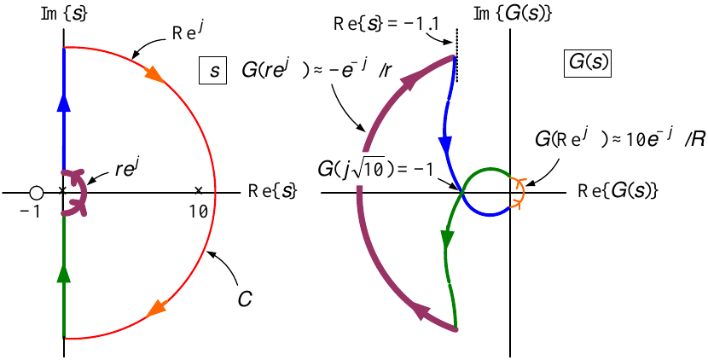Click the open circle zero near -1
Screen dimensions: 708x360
tap(36, 193)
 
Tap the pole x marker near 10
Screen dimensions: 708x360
tap(198, 190)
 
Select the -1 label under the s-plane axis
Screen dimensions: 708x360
tap(30, 212)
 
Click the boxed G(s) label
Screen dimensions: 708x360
tap(587, 63)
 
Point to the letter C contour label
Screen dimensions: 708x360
tap(244, 299)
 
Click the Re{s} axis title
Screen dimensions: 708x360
tap(272, 192)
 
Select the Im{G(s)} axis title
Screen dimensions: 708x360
tap(513, 14)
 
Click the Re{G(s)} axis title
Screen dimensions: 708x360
tap(618, 192)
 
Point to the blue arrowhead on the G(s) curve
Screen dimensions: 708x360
tap(446, 145)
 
